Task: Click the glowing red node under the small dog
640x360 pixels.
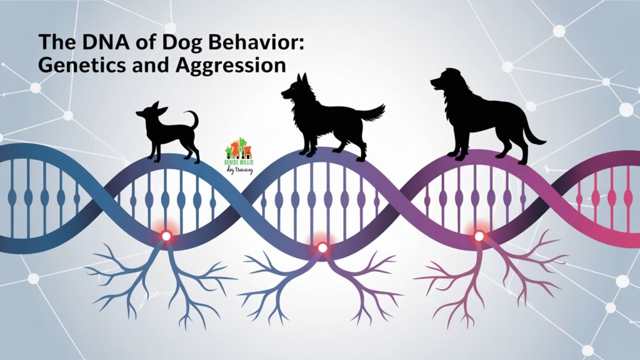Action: coord(166,236)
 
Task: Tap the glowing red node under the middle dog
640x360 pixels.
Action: coord(322,248)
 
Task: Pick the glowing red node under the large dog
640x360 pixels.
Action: coord(479,236)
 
